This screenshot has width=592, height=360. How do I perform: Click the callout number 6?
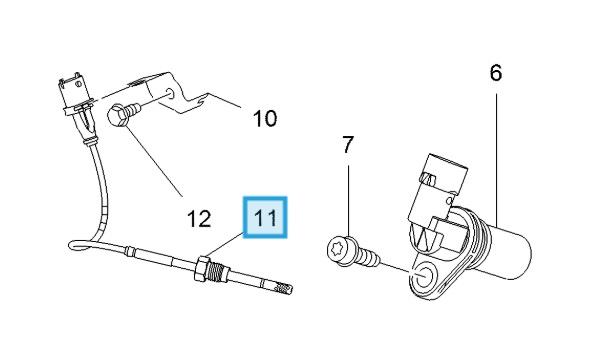tap(496, 73)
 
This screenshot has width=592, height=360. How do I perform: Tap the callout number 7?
tap(348, 145)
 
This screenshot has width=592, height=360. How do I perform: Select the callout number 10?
tap(265, 118)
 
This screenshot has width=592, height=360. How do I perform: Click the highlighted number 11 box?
tap(265, 217)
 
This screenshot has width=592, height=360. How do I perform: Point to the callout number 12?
tap(199, 218)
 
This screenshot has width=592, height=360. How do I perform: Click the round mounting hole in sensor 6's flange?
tap(423, 275)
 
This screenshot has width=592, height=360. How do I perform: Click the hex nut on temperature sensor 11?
tap(203, 268)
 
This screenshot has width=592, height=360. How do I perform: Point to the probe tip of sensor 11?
tap(284, 289)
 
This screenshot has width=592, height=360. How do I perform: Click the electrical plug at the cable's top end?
tap(78, 98)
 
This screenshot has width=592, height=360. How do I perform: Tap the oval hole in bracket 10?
tap(170, 94)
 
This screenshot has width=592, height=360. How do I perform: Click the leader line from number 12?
tap(154, 162)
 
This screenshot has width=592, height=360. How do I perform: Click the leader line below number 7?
tap(348, 201)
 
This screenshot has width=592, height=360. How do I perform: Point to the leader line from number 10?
tap(224, 100)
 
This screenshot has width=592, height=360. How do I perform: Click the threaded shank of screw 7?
tap(367, 258)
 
